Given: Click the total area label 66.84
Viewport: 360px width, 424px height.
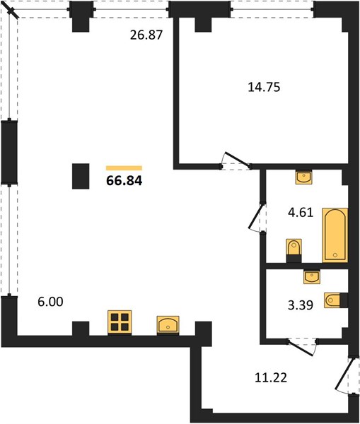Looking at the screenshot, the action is (x=124, y=181).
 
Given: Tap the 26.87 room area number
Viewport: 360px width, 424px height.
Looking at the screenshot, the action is (x=146, y=35).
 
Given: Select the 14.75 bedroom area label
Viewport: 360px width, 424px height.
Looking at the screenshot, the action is (x=264, y=87).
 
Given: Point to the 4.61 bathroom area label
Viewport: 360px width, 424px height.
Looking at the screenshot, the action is (x=301, y=213).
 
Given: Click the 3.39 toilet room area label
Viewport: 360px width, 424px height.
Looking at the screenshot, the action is (x=301, y=305).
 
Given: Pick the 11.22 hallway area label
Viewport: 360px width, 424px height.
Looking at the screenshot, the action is (x=271, y=377).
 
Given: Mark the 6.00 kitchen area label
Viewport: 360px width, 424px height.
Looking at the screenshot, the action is (x=51, y=302).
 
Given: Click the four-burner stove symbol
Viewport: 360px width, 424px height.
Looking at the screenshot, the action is (x=120, y=322).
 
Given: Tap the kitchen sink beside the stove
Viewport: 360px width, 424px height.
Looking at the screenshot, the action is (x=168, y=324).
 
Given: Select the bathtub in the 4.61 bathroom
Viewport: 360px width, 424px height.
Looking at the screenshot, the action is (x=335, y=235).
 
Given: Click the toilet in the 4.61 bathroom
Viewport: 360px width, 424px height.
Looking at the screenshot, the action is (x=294, y=250).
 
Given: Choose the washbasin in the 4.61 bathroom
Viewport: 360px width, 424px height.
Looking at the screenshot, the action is (x=303, y=177).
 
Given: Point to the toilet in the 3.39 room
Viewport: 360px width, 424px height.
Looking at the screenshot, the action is (x=336, y=300).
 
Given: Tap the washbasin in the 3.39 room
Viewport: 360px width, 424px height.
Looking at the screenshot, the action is (x=312, y=276).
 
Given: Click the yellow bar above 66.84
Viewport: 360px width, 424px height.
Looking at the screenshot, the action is (x=124, y=168).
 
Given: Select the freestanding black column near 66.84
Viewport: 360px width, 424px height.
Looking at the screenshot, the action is (x=81, y=176).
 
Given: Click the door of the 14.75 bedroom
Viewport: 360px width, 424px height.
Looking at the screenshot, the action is (x=236, y=161).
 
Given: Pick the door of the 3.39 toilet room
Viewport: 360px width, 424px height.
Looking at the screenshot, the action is (x=302, y=347).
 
